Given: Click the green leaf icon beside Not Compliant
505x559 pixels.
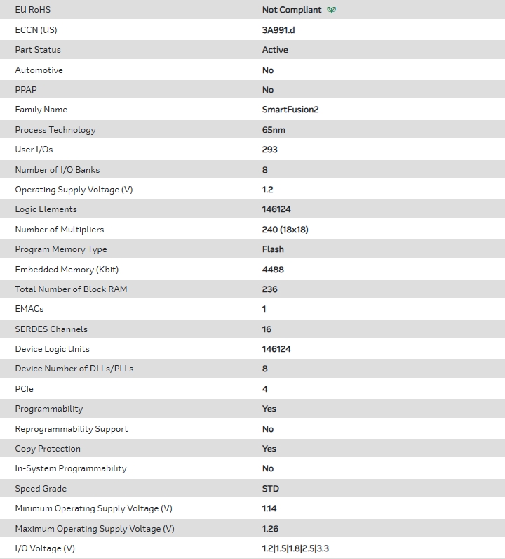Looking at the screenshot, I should tap(332, 10).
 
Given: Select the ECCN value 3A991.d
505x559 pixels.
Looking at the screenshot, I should tap(279, 30).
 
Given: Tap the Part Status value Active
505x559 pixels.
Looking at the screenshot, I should tap(275, 50).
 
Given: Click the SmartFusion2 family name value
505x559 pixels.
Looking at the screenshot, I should tap(290, 110).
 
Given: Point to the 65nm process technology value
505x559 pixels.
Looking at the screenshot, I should tap(274, 130).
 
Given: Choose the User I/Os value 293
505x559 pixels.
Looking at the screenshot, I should tap(270, 150).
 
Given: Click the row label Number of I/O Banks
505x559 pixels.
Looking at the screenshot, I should tap(58, 170).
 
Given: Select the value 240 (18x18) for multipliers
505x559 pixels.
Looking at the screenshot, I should tap(285, 230).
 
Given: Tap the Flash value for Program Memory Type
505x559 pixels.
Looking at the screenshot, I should tap(273, 249).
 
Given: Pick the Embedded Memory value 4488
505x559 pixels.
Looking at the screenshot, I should tap(273, 270).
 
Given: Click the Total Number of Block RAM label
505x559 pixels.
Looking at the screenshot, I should tap(71, 289).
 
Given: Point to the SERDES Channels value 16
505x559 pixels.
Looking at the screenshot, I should tap(267, 329).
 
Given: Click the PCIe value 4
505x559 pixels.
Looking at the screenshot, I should tap(265, 389).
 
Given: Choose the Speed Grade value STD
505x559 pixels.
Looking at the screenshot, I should tap(270, 489).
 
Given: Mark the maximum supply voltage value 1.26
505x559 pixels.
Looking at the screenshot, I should tap(270, 529).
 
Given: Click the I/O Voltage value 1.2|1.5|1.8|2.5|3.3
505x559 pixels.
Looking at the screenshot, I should tap(295, 548).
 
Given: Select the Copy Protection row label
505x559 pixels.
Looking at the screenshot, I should tap(48, 449).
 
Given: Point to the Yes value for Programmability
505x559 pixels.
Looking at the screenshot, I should tap(269, 409).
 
